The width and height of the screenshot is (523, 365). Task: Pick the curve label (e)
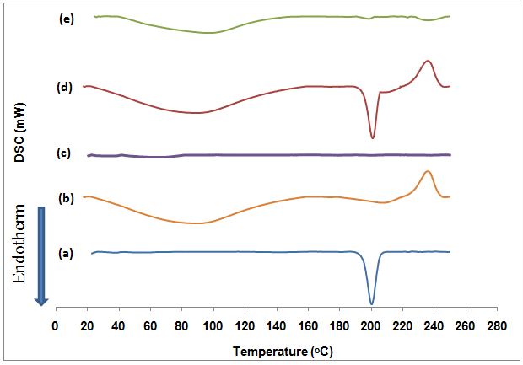(x=67, y=18)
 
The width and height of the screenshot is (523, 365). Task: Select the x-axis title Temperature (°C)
(x=277, y=349)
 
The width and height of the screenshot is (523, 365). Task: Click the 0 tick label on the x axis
(x=56, y=325)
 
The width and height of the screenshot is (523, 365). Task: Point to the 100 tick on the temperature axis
(x=213, y=325)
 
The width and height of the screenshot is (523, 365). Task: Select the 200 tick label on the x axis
(x=371, y=325)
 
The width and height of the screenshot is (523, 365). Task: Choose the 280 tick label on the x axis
(x=498, y=325)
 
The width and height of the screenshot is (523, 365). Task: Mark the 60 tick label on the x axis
(x=150, y=325)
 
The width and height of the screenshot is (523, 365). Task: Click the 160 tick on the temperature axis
(x=308, y=325)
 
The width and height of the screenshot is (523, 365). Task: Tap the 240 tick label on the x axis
(x=434, y=325)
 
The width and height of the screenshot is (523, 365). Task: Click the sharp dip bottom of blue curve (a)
(x=371, y=303)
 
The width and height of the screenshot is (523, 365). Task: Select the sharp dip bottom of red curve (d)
(x=372, y=138)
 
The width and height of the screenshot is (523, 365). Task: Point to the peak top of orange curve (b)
(x=428, y=171)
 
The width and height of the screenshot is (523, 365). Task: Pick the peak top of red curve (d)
(x=429, y=61)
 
